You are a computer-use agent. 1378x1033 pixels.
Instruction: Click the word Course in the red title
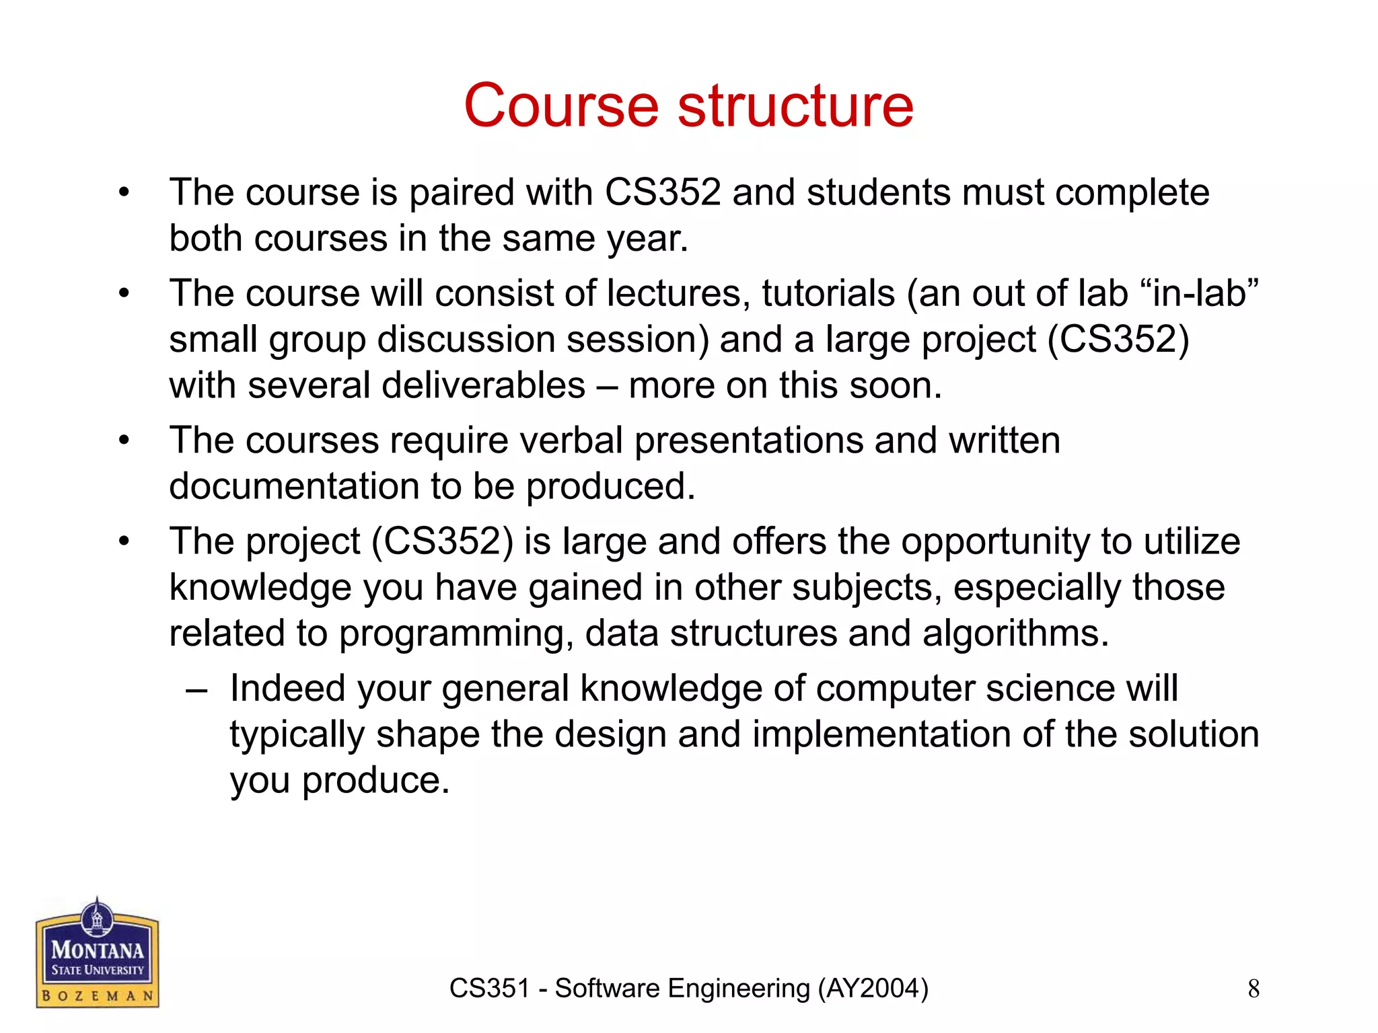tap(560, 106)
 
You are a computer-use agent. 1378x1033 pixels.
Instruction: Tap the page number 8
tap(1254, 989)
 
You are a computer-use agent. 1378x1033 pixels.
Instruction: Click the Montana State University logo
tap(97, 953)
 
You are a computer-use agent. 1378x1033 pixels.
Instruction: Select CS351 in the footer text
tap(489, 989)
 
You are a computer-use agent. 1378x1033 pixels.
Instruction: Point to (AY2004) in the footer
tap(873, 989)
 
